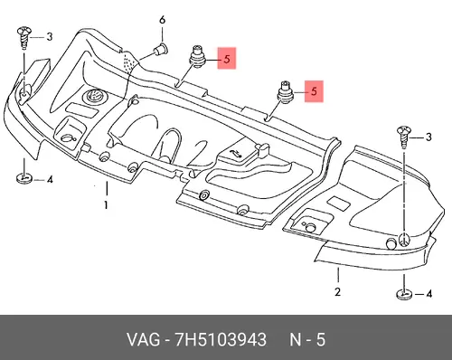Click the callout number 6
pos(163,21)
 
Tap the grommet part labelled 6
pos(161,50)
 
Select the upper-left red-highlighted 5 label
pos(227,58)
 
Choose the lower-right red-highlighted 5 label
pos(314,91)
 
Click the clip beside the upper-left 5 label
pos(197,57)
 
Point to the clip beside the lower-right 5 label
pos(284,91)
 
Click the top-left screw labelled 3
pos(24,37)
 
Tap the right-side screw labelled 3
pos(403,137)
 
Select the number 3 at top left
pos(50,37)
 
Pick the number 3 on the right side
pos(428,137)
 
